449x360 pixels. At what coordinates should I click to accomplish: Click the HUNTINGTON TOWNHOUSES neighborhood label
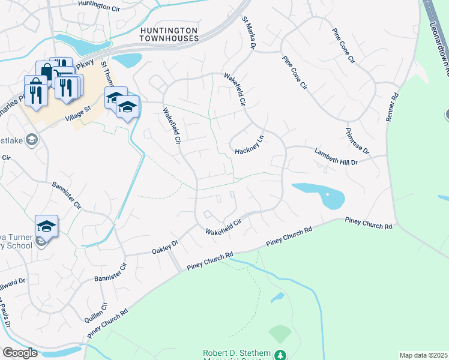tap(169, 34)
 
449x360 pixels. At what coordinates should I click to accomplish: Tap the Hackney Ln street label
tap(250, 145)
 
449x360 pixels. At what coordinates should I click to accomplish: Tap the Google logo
tap(20, 353)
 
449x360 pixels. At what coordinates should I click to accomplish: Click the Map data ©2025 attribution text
tap(423, 355)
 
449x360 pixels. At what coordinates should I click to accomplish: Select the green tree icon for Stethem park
tap(280, 355)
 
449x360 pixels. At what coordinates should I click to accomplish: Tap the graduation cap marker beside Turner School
tap(46, 226)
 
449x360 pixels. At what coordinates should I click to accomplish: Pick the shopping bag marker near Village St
tap(46, 71)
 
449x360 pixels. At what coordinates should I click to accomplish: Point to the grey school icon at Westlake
tap(32, 140)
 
